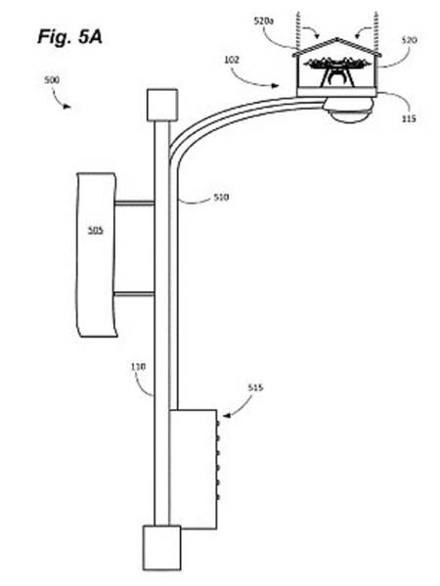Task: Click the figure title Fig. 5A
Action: (69, 37)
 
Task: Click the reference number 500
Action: (52, 79)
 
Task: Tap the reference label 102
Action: (231, 60)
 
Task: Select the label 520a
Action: (263, 21)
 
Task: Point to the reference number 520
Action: (410, 40)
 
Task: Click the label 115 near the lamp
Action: (409, 118)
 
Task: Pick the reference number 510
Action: (221, 197)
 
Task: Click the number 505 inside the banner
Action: (95, 230)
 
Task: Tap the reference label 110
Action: (138, 367)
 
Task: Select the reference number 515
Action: (255, 387)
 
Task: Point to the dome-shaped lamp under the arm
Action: (350, 114)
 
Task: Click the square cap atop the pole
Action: (162, 105)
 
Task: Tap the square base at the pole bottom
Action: (161, 548)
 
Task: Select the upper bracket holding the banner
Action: (134, 203)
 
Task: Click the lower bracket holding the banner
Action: (134, 294)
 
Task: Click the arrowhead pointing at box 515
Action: (227, 415)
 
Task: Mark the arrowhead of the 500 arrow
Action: (66, 107)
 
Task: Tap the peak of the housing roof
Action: (337, 38)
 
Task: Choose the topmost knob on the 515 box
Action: (218, 424)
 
